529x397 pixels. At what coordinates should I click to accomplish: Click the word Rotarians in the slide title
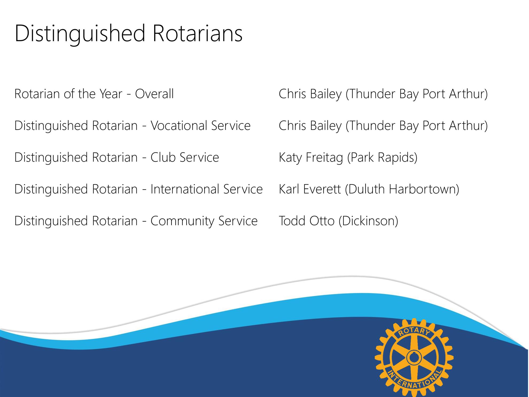point(198,33)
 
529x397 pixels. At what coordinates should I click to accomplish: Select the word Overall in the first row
point(154,94)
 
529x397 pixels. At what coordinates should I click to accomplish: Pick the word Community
point(182,221)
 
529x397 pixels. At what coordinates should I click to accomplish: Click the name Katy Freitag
point(311,158)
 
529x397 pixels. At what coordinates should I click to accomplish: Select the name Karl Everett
point(310,189)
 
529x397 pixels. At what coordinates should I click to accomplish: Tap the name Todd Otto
point(306,221)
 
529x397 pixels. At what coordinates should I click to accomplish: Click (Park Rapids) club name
point(382,158)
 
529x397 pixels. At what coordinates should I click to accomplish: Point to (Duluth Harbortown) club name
point(402,190)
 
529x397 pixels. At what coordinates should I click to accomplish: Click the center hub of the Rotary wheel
point(414,357)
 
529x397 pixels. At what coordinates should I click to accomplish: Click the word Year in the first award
point(111,94)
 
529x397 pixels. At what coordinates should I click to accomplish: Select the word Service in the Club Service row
point(199,157)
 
